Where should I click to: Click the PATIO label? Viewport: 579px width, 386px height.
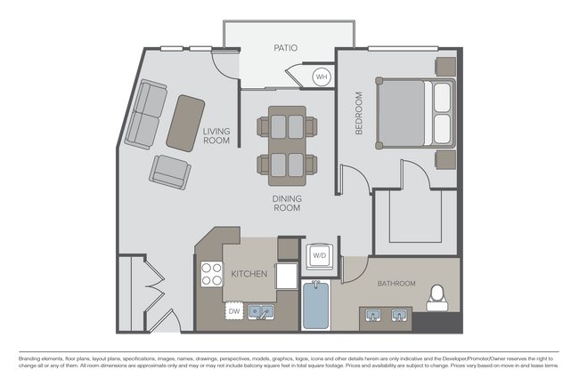click(x=286, y=48)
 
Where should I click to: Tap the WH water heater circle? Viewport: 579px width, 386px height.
click(x=322, y=77)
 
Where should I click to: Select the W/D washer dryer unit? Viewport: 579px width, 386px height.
click(x=318, y=255)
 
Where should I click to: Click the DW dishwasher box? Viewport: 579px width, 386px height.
click(x=233, y=311)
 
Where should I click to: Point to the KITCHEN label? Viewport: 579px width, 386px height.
click(x=249, y=274)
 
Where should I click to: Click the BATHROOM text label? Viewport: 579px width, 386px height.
click(x=396, y=284)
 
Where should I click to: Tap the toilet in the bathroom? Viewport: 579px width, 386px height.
click(x=436, y=298)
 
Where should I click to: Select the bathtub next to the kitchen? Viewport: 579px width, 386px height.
click(x=316, y=305)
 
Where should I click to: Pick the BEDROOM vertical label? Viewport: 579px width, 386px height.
click(x=360, y=112)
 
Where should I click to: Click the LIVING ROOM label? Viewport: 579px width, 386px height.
click(x=216, y=136)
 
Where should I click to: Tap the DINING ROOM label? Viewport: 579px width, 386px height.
click(x=286, y=203)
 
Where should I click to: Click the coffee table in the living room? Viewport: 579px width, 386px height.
click(x=183, y=120)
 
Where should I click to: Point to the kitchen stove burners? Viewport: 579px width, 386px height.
click(x=211, y=273)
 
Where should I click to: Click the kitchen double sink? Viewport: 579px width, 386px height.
click(x=261, y=311)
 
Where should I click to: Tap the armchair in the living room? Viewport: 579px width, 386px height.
click(x=169, y=170)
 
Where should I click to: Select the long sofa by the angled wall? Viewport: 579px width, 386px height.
click(x=144, y=114)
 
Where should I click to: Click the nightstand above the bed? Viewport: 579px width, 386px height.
click(x=444, y=67)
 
